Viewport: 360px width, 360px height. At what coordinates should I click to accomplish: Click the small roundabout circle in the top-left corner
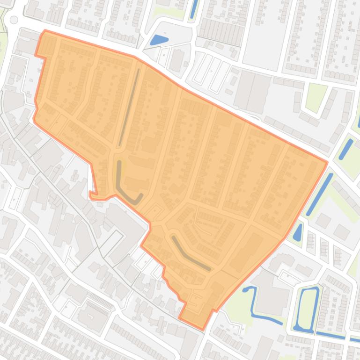(x=14, y=20)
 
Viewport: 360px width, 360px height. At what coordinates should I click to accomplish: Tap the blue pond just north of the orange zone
(x=159, y=40)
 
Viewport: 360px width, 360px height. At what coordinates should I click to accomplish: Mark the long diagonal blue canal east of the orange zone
(x=320, y=194)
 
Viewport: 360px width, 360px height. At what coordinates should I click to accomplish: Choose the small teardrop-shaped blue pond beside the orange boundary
(x=297, y=232)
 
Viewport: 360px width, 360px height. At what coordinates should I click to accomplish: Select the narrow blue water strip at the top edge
(x=194, y=9)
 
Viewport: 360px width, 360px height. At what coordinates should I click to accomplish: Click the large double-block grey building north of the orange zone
(x=252, y=89)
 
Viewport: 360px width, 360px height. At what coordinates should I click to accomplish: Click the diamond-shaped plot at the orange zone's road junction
(x=156, y=211)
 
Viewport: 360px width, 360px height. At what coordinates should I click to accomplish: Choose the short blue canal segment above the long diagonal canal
(x=346, y=149)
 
